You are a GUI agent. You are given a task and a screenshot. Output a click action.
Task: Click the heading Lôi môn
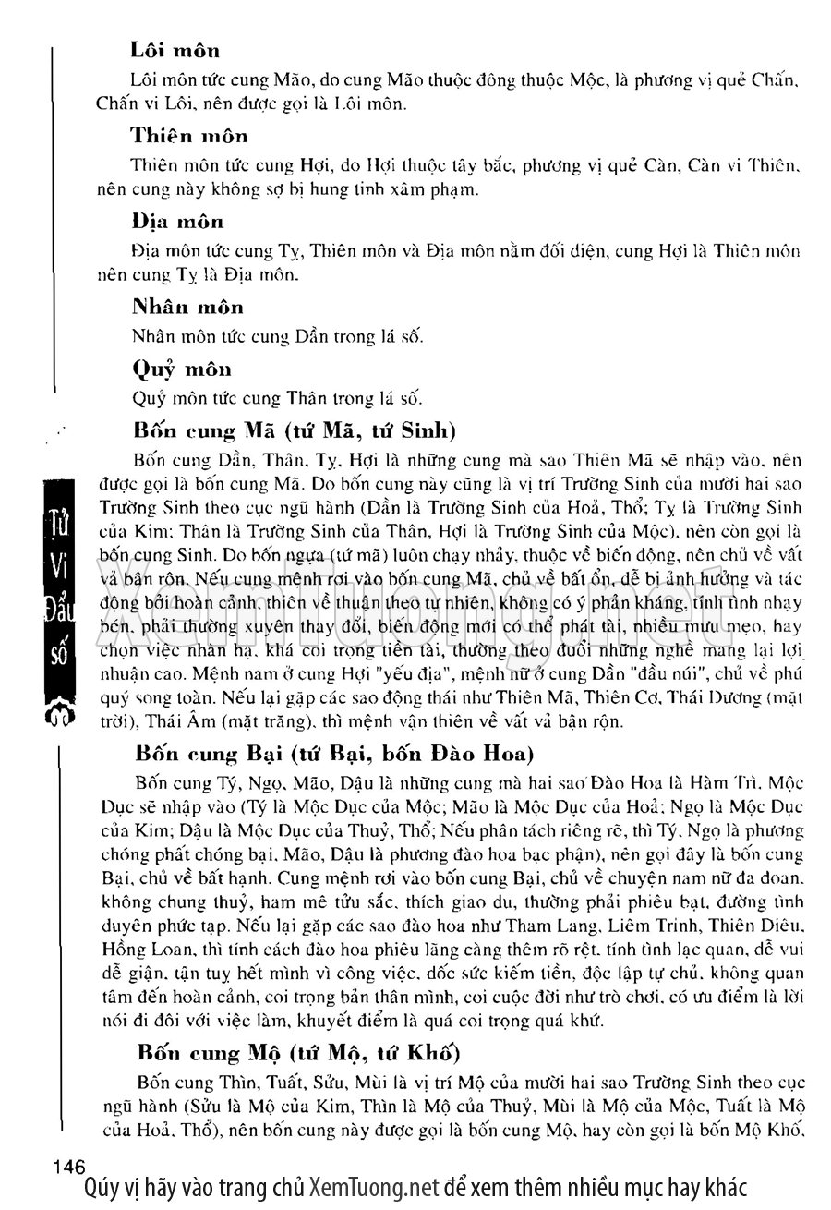pyautogui.click(x=175, y=50)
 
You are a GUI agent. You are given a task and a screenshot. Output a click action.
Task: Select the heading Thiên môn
pyautogui.click(x=189, y=136)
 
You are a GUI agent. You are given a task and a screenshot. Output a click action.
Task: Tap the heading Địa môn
pyautogui.click(x=178, y=222)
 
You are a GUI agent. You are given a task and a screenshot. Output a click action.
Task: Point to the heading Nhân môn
pyautogui.click(x=188, y=307)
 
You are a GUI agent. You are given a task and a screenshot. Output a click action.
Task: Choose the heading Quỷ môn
pyautogui.click(x=182, y=369)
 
